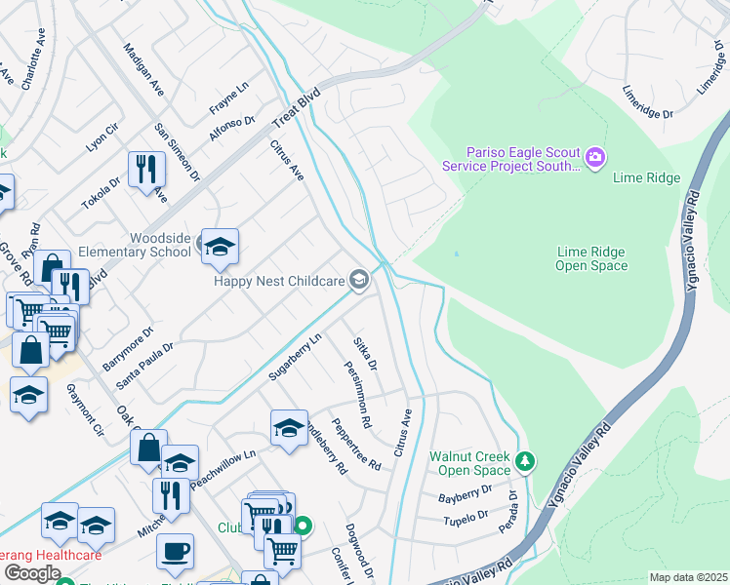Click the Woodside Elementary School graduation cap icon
[220, 247]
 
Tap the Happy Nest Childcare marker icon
[359, 281]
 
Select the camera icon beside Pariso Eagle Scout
[595, 156]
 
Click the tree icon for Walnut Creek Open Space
[526, 460]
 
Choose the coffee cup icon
[175, 551]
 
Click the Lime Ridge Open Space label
[590, 258]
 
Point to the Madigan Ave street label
[143, 70]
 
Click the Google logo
[31, 573]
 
